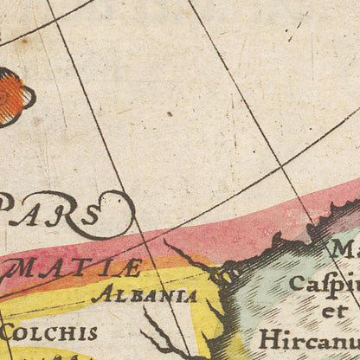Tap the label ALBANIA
pos(144,294)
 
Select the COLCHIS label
pos(48,331)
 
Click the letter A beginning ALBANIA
pos(98,295)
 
